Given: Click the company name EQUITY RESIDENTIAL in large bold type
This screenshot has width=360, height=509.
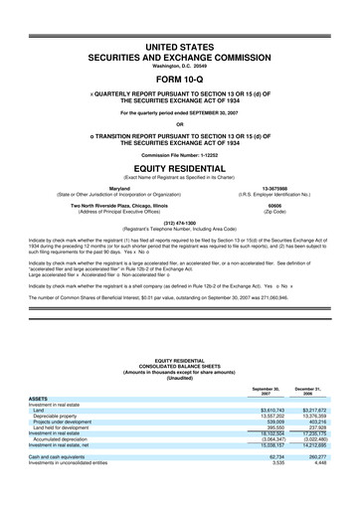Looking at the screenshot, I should pos(180,168).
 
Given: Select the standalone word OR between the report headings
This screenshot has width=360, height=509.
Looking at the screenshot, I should pos(180,123).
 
